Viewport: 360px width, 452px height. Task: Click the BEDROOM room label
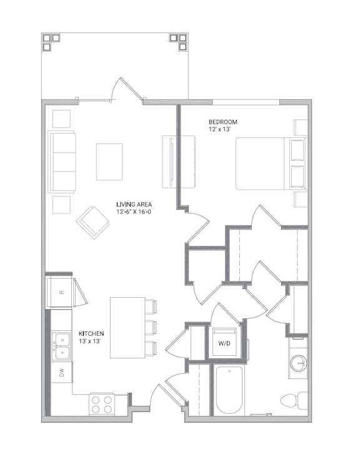[x=223, y=122]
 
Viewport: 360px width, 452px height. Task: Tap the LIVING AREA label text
[x=134, y=204]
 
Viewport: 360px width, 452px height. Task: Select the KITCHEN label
[x=91, y=333]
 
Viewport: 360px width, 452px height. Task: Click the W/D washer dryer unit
[x=224, y=343]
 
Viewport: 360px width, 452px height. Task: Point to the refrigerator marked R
[x=61, y=292]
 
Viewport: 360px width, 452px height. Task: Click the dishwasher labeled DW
[x=61, y=373]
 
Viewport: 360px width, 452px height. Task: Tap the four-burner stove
[x=102, y=404]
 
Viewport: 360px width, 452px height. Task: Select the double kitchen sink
[x=61, y=346]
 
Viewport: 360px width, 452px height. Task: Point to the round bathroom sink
[x=299, y=363]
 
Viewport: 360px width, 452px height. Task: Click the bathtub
[x=229, y=390]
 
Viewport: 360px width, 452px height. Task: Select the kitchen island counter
[x=127, y=328]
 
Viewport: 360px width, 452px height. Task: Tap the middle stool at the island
[x=151, y=328]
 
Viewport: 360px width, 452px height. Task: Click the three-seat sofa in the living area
[x=62, y=162]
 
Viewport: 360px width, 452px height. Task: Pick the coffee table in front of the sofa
[x=109, y=162]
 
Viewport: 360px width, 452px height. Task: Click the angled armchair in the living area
[x=93, y=222]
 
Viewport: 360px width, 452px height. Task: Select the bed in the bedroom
[x=271, y=164]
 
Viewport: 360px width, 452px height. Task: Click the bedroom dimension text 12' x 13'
[x=219, y=129]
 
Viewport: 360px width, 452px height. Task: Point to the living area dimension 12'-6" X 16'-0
[x=134, y=212]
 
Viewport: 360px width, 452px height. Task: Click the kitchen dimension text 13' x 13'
[x=89, y=341]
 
